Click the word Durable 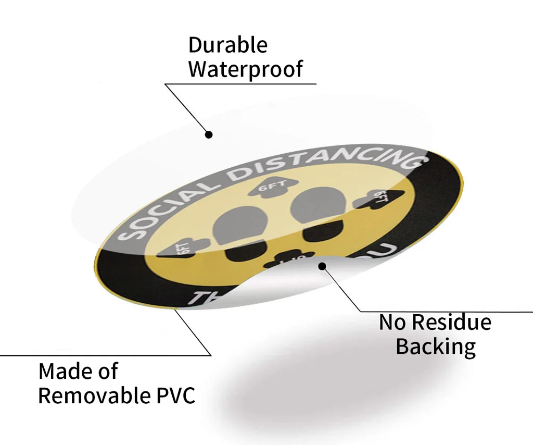pos(227,45)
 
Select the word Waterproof pos(245,69)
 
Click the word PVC pos(176,396)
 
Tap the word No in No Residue pos(391,323)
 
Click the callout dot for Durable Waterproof pos(209,134)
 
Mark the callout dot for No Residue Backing pos(322,266)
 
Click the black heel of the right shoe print pos(323,232)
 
